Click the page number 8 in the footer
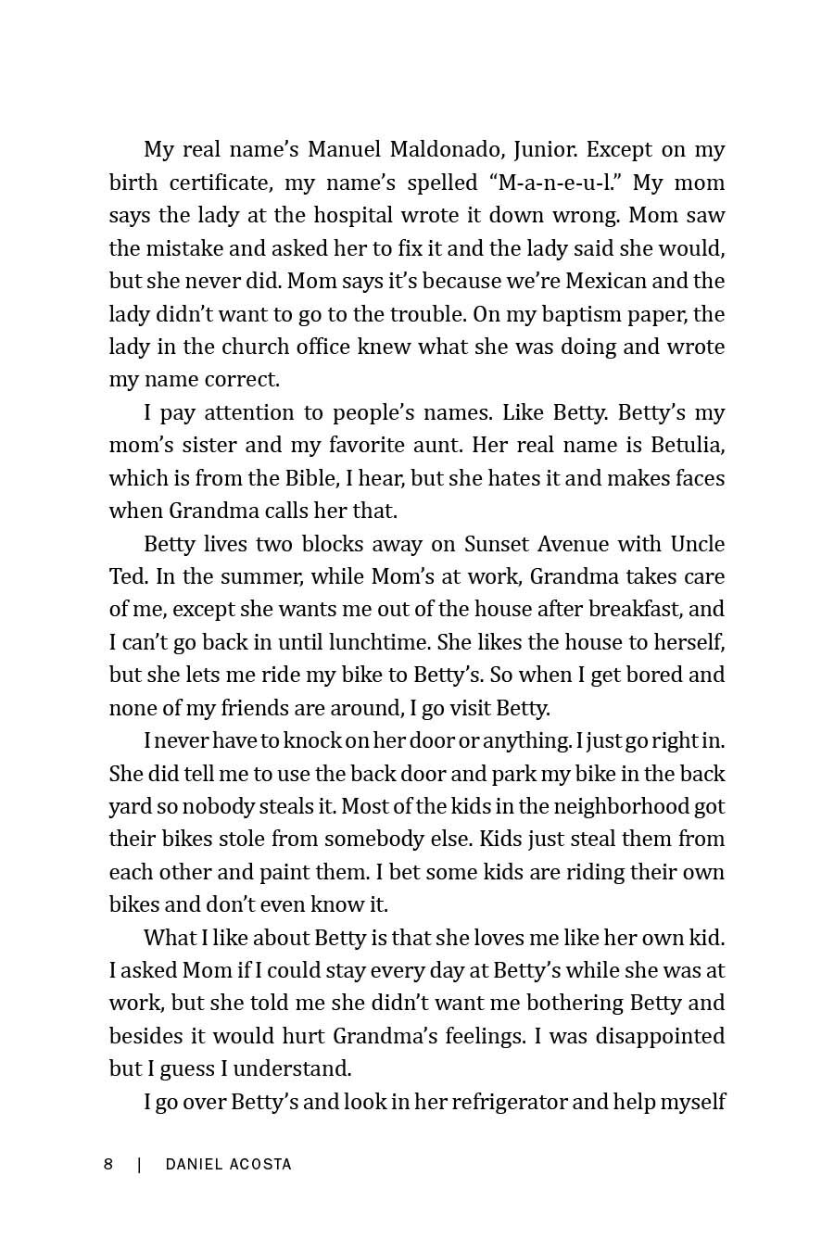coord(108,1164)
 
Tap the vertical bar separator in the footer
coord(139,1164)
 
